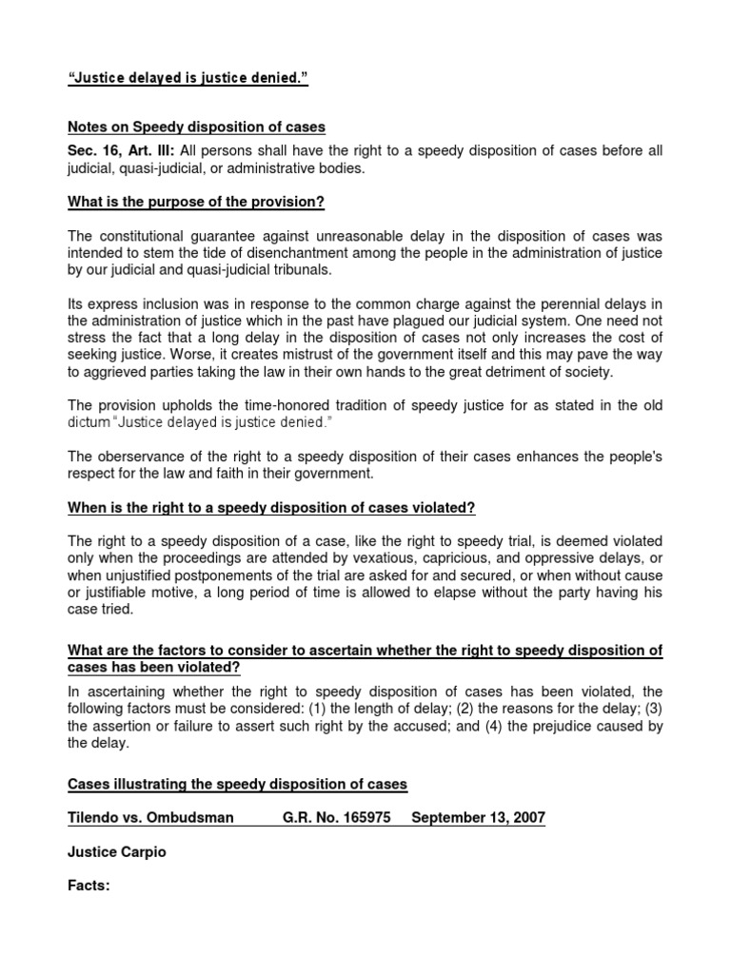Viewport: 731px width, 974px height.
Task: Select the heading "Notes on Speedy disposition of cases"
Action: (x=196, y=128)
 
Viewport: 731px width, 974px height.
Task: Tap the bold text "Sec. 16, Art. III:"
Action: (x=121, y=151)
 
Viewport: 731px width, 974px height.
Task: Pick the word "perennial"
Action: (x=586, y=303)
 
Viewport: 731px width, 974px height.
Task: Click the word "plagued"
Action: (x=391, y=321)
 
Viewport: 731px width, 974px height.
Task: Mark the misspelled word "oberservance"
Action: (x=138, y=458)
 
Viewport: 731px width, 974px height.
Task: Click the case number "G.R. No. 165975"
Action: (x=337, y=818)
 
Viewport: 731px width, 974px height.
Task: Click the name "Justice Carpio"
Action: (x=117, y=852)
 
